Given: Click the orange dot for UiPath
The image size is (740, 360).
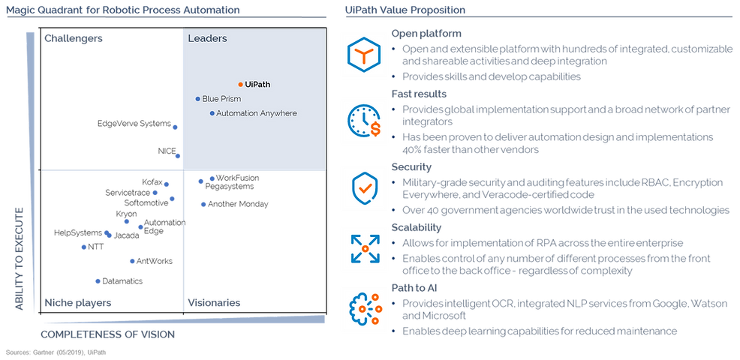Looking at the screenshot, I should (240, 85).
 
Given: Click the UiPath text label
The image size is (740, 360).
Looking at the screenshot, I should (257, 85).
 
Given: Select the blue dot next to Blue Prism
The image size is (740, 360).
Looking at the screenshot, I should (197, 99).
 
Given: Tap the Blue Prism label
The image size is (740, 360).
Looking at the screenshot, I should (221, 99).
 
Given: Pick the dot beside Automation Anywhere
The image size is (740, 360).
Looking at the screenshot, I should (212, 113).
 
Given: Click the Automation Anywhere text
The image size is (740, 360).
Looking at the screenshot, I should (257, 113).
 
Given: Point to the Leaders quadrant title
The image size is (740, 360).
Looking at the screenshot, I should (207, 38).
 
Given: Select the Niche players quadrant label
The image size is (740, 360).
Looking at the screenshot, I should (78, 302).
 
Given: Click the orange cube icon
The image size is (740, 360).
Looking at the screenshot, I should (364, 55).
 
